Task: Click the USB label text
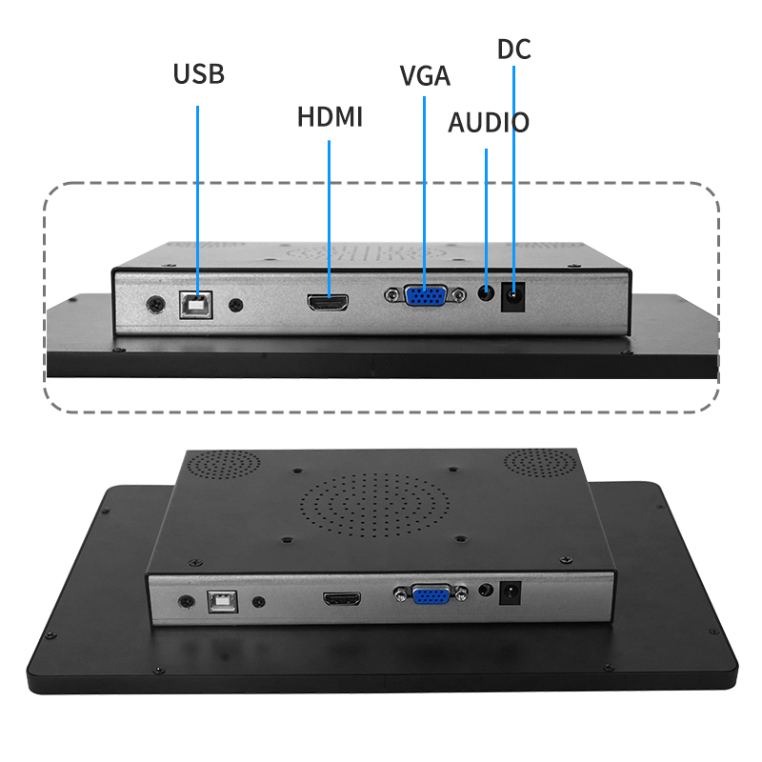tap(198, 74)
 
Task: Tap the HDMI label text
tap(330, 117)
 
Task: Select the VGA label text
tap(425, 76)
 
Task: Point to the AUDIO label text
tap(489, 123)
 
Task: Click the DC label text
tap(513, 49)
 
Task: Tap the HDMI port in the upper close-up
tap(327, 303)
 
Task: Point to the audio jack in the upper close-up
tap(486, 293)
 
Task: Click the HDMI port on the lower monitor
tap(342, 600)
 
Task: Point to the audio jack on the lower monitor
tap(487, 591)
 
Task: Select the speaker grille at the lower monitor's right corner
tap(541, 463)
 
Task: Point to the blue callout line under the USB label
tap(198, 190)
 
